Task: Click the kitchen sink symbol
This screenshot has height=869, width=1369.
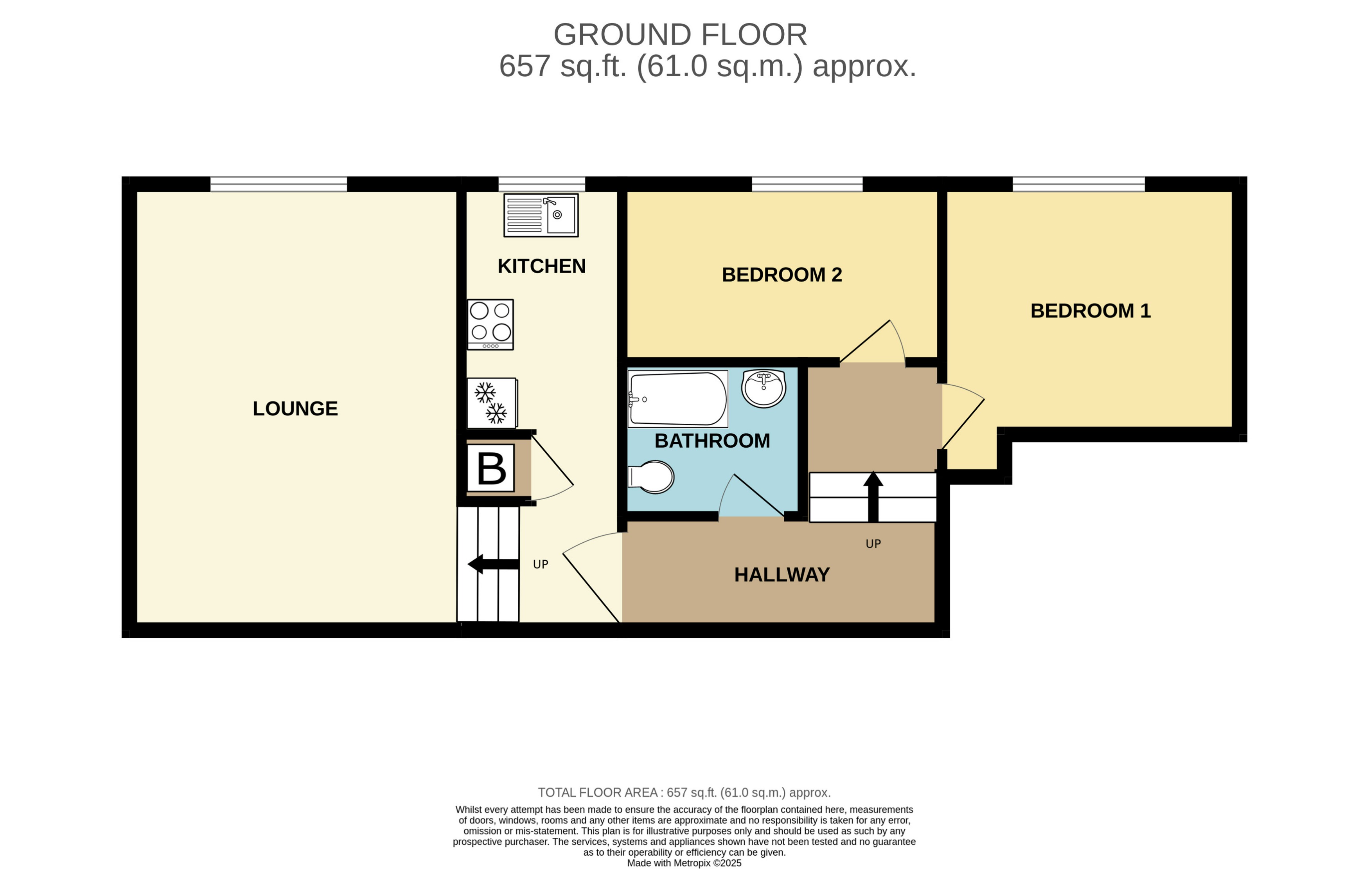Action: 541,215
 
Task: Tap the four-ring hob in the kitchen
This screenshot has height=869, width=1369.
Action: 490,324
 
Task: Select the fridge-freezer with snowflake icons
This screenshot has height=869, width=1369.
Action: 492,403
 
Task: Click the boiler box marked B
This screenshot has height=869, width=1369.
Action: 490,468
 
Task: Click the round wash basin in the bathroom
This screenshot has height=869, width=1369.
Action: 764,388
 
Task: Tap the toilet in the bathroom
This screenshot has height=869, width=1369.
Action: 652,477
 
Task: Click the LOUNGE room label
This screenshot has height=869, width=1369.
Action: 295,408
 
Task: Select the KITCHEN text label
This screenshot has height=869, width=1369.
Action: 541,266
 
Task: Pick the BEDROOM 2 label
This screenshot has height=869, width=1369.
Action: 782,275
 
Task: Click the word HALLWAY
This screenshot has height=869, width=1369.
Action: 782,574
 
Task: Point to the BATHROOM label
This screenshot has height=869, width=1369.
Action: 712,441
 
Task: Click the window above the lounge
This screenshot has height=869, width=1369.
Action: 278,184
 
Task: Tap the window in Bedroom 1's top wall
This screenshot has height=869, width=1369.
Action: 1078,184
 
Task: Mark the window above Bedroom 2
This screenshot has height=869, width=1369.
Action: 807,184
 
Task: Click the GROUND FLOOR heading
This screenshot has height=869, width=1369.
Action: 680,35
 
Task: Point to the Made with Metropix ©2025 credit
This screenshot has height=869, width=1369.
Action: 684,863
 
